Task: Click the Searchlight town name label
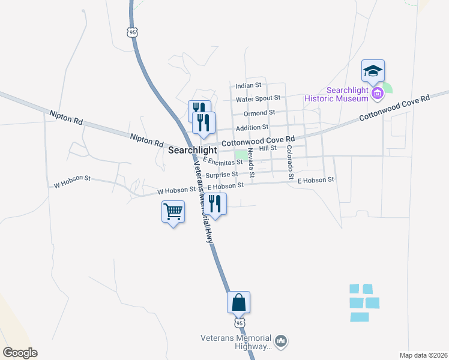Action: coord(192,149)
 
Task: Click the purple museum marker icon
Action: coord(378,94)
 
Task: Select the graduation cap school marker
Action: coord(373,71)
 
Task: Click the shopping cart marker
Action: coord(173,211)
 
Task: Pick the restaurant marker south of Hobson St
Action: coord(215,204)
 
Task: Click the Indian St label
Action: coord(249,86)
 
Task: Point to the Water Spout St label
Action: coord(258,98)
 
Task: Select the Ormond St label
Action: coord(259,112)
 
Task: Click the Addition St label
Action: coord(252,128)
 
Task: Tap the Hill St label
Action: coord(267,148)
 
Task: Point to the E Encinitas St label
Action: coord(223,161)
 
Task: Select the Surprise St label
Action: coord(218,175)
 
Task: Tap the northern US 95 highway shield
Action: coord(132,32)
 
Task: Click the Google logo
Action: coord(20,353)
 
